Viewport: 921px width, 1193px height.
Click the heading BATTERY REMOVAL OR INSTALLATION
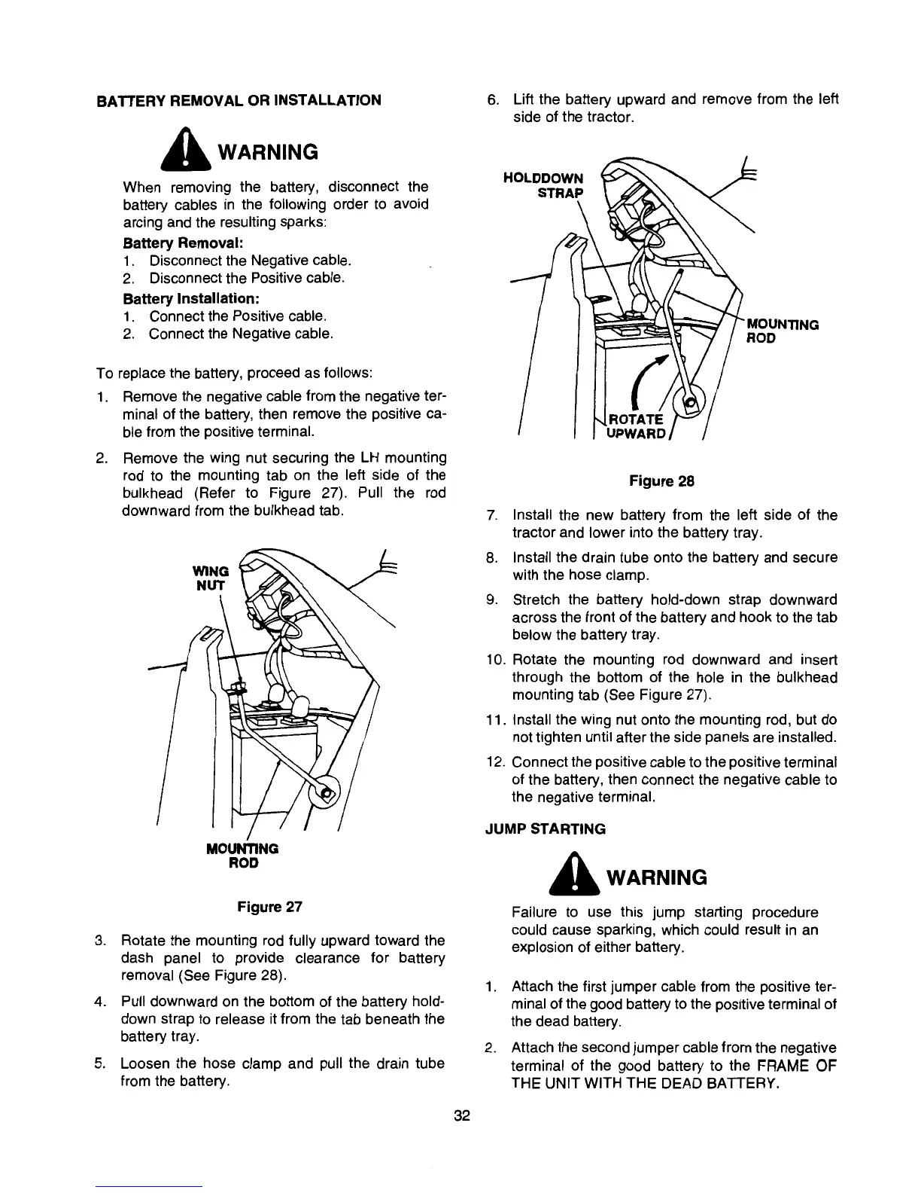coord(239,100)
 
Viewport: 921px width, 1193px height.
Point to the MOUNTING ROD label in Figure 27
coord(242,855)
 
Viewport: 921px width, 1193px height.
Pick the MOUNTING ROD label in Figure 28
coord(781,332)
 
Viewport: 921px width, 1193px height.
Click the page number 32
coord(461,1116)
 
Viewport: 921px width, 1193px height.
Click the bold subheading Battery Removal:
coord(166,244)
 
